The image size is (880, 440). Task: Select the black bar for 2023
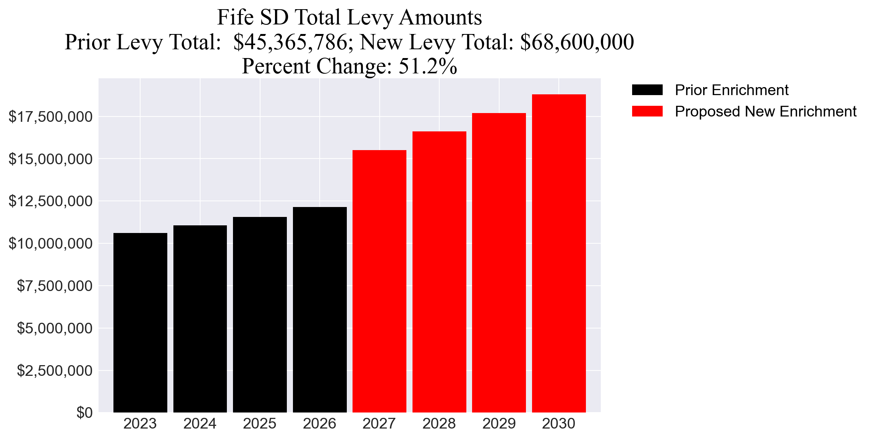140,323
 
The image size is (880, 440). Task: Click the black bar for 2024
200,319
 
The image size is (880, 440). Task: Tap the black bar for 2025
260,315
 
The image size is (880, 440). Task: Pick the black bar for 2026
320,310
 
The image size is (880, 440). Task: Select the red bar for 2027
379,281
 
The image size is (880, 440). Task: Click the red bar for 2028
439,272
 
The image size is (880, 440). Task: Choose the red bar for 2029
499,263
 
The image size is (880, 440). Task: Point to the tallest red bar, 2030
559,253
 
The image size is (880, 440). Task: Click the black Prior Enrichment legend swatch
647,90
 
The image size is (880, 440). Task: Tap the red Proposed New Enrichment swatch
647,112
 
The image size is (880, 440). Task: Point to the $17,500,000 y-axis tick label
50,117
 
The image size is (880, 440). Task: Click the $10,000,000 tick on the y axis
50,244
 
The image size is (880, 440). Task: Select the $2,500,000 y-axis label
55,370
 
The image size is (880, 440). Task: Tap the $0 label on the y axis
84,413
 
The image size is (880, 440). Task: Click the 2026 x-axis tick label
319,424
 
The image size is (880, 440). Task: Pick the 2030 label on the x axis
558,424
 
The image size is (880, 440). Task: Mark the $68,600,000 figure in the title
577,42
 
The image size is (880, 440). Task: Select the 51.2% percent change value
428,66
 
